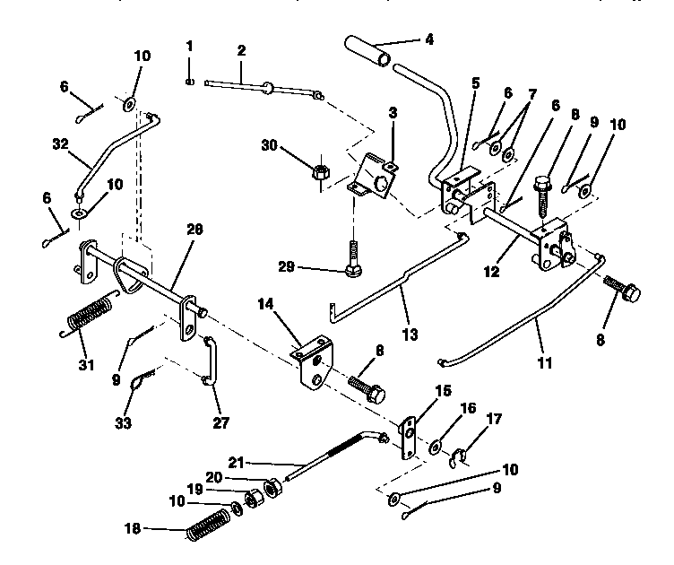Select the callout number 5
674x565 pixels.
point(475,83)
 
